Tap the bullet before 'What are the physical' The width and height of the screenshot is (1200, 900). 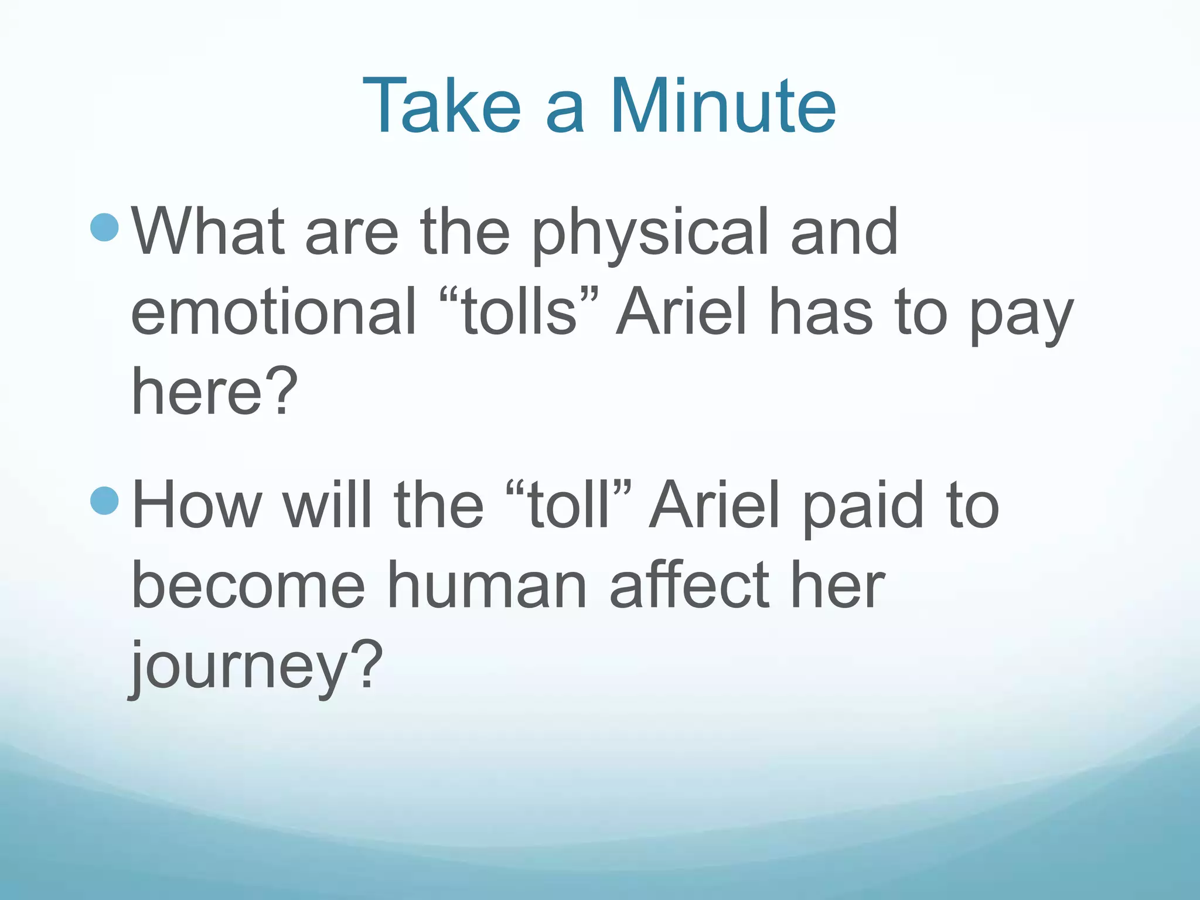pos(105,227)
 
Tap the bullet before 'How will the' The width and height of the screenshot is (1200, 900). pos(105,500)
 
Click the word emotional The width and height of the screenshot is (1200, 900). pos(273,312)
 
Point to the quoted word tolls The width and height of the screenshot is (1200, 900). pos(519,312)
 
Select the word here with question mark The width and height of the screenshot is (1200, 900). pos(214,391)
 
